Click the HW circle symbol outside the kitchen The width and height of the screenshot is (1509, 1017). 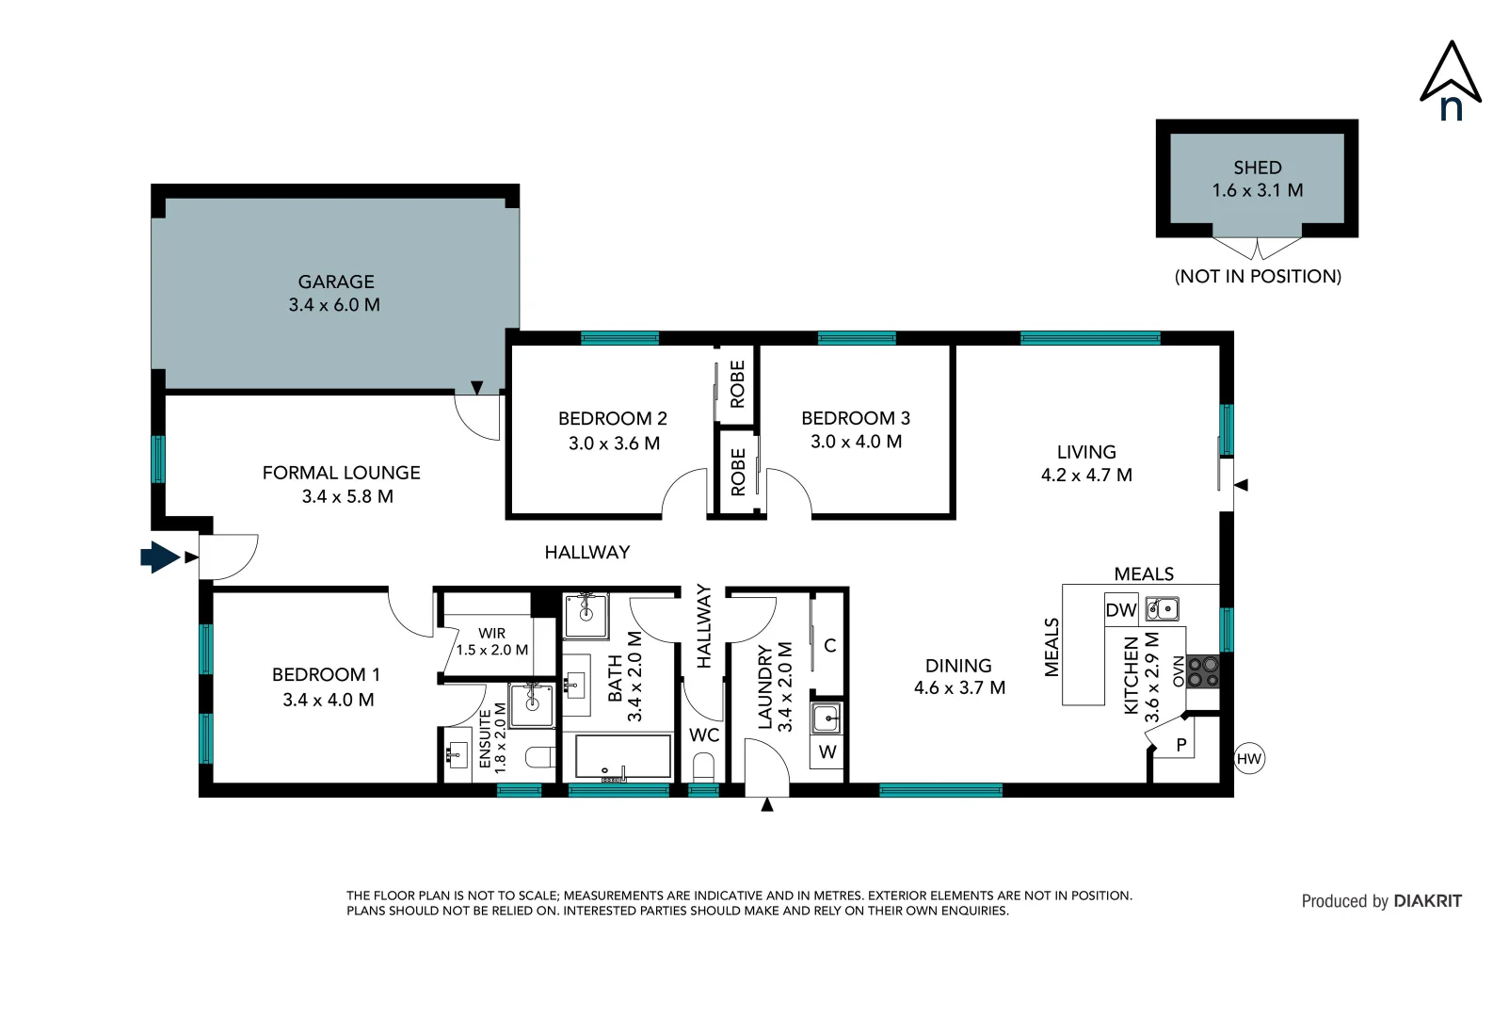click(x=1248, y=759)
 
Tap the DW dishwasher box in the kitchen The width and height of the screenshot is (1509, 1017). click(x=1120, y=610)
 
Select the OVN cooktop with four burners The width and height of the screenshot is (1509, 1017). click(x=1203, y=671)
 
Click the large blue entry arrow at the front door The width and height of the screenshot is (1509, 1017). click(x=160, y=557)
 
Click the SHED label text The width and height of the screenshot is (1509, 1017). click(x=1258, y=168)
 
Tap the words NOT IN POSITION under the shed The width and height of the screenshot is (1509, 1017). click(x=1258, y=277)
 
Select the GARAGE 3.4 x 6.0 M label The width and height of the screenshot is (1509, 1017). click(x=335, y=293)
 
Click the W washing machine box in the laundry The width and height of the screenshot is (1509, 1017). click(x=827, y=752)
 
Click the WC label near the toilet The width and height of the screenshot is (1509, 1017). click(x=704, y=734)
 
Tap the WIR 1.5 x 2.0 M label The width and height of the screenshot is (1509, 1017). click(x=492, y=641)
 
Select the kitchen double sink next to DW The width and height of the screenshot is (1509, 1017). click(x=1163, y=609)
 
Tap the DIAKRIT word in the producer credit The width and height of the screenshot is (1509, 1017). click(x=1427, y=901)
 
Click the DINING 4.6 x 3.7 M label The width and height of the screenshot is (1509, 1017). click(x=958, y=676)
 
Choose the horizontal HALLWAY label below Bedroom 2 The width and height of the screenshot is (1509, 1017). click(x=586, y=553)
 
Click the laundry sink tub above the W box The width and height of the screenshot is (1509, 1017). click(x=827, y=718)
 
